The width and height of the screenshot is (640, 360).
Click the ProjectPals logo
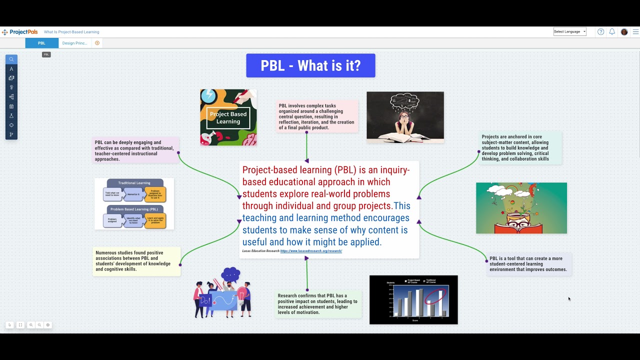tap(20, 32)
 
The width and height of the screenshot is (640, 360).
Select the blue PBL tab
tap(41, 43)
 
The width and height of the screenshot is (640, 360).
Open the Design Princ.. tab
tap(74, 43)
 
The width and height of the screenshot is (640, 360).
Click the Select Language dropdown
tap(569, 31)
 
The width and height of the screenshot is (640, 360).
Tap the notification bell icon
tap(612, 31)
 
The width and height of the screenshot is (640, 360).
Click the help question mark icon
tap(600, 31)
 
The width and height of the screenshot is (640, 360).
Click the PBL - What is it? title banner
tap(310, 65)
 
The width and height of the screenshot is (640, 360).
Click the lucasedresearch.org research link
tap(311, 251)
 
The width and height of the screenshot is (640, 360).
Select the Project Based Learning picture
tap(228, 117)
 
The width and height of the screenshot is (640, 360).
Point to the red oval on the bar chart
tap(435, 296)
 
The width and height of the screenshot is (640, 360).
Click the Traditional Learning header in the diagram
tap(134, 183)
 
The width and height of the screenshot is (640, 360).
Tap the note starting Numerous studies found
tap(136, 261)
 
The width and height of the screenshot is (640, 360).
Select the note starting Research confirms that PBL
tap(318, 304)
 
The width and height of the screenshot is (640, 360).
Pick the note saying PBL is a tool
tap(528, 264)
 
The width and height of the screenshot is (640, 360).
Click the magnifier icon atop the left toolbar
tap(11, 59)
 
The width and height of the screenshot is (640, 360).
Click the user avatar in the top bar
tap(624, 31)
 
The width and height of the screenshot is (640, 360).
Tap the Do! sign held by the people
tap(205, 301)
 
